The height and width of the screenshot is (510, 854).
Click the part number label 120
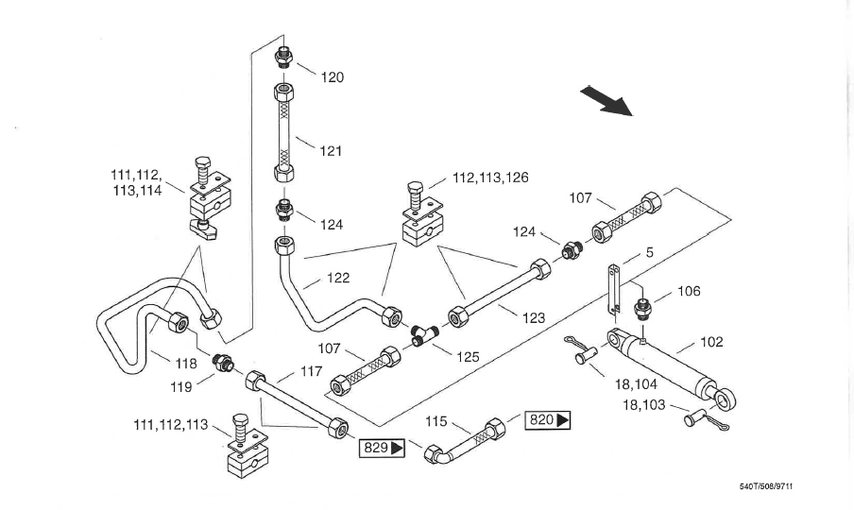tap(333, 77)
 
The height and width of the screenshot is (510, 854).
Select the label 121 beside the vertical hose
tap(331, 150)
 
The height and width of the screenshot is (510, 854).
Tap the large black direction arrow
tap(606, 99)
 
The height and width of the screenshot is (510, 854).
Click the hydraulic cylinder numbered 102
tap(670, 368)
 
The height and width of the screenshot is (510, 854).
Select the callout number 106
tap(690, 292)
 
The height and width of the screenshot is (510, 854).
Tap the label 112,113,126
tap(490, 178)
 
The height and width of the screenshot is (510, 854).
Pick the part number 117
tap(312, 373)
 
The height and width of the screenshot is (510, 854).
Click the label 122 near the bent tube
tap(338, 278)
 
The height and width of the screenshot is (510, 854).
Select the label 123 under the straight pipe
tap(534, 318)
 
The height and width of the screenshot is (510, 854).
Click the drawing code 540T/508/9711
tap(773, 487)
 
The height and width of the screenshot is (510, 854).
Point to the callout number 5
tap(650, 253)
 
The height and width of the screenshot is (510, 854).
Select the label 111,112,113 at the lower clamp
tap(170, 425)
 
